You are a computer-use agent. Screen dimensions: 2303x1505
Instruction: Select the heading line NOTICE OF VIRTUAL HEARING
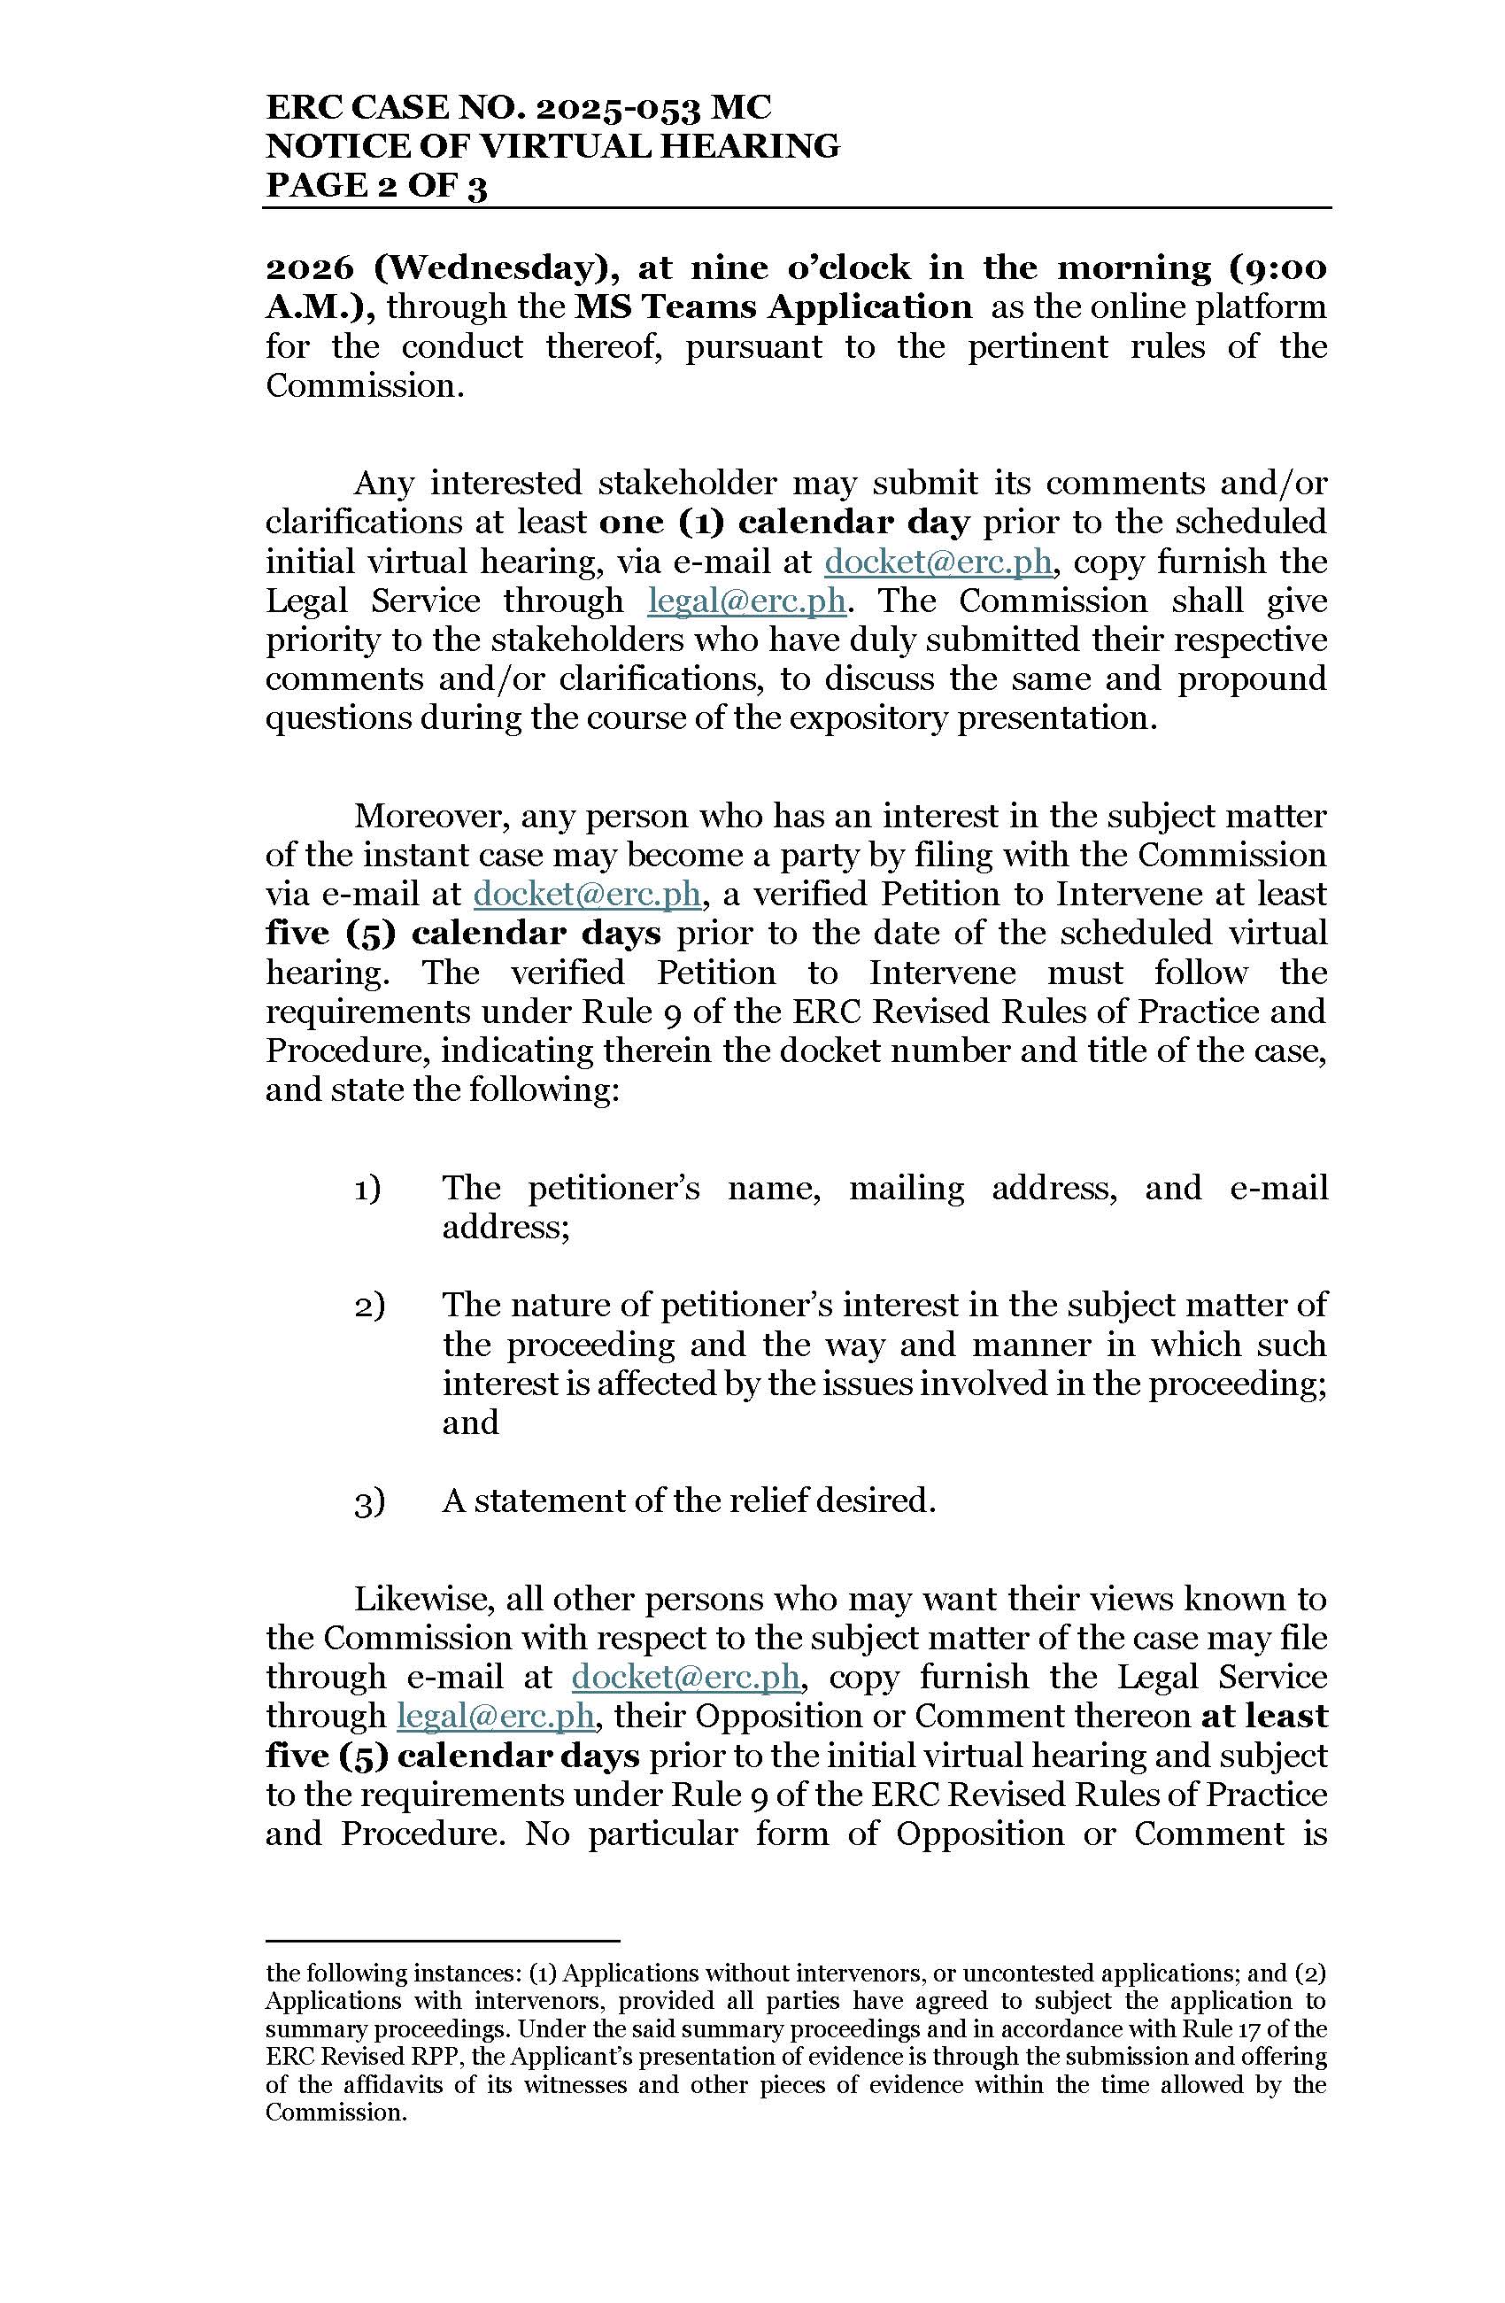552,146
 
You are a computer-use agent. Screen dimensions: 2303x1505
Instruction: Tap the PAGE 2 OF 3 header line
376,185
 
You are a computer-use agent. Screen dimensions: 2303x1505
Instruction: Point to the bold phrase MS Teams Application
773,306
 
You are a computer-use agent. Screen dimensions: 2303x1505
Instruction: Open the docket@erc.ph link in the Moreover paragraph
586,893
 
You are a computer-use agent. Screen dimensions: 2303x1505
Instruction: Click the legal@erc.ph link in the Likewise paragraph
495,1716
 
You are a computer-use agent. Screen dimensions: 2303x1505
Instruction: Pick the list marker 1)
367,1189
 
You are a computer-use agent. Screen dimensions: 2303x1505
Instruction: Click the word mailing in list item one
907,1189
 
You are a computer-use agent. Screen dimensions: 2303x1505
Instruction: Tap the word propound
1252,678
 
